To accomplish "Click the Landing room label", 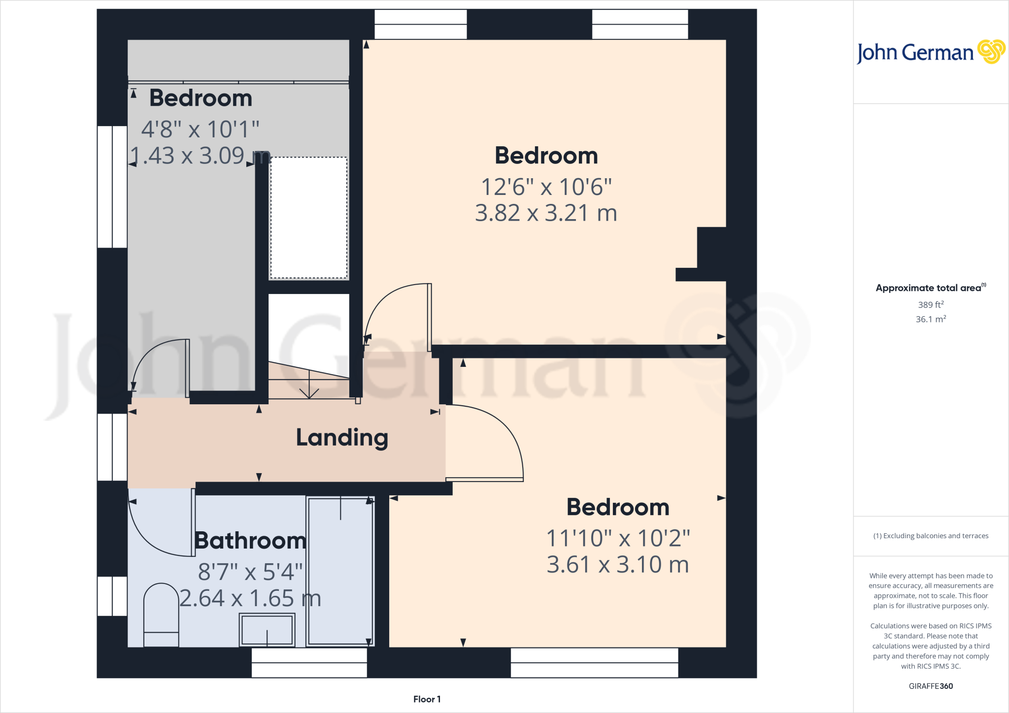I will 342,437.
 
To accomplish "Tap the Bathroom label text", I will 250,541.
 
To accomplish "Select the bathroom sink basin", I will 267,630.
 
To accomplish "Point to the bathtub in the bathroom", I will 340,571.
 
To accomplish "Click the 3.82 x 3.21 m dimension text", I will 546,213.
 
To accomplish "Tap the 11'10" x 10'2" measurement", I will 618,538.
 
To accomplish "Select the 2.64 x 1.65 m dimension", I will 250,599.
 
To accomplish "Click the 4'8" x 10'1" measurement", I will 200,130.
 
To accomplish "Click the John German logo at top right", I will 931,52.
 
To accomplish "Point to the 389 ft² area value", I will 931,305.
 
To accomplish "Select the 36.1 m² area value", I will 931,319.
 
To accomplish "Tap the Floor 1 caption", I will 427,699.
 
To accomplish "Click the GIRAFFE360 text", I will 931,686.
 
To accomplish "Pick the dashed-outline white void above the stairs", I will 309,218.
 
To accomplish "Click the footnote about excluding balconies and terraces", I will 931,536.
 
